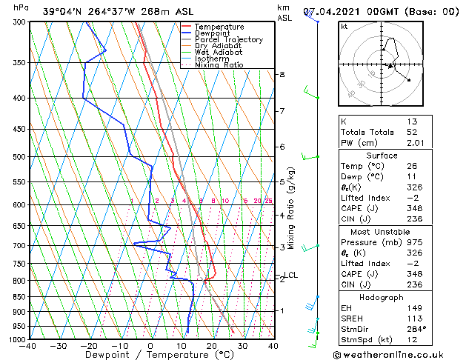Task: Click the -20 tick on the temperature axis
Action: [89, 346]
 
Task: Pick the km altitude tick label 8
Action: [282, 75]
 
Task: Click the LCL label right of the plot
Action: [291, 276]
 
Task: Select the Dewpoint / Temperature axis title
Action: [150, 355]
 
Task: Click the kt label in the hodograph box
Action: [344, 26]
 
